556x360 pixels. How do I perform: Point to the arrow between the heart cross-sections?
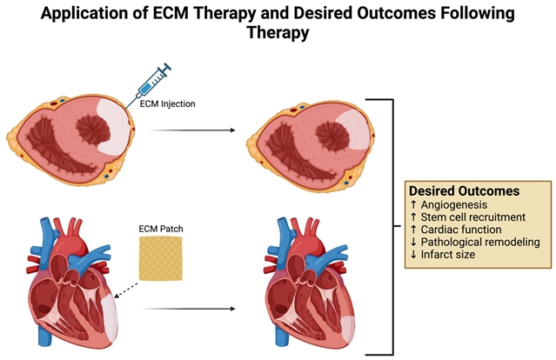pyautogui.click(x=191, y=131)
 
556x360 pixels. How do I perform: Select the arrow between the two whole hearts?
pyautogui.click(x=191, y=308)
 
